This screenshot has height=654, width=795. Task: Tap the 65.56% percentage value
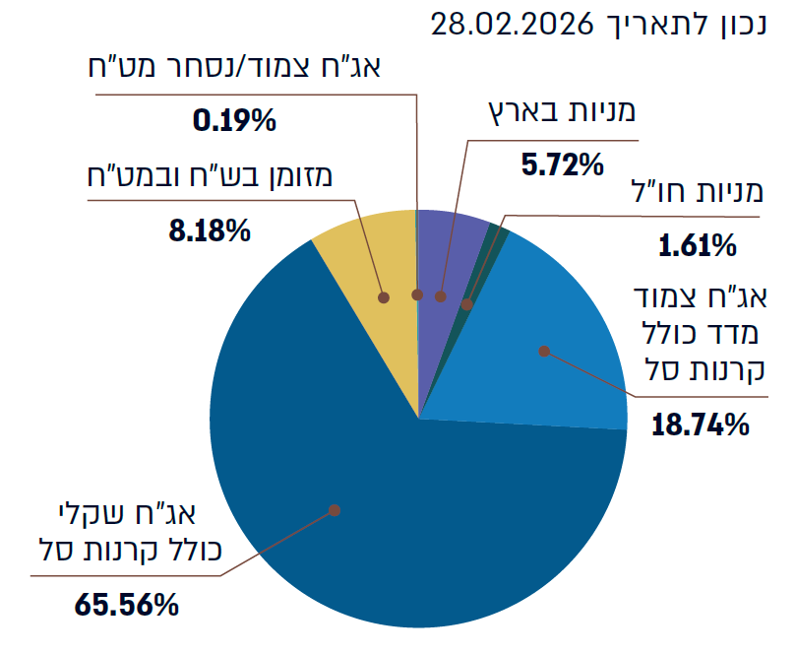click(127, 603)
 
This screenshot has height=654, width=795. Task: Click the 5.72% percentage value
click(561, 163)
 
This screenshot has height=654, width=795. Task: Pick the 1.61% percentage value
click(698, 244)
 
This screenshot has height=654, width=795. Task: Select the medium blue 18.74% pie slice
click(551, 335)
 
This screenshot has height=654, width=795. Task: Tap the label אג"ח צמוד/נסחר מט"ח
click(236, 68)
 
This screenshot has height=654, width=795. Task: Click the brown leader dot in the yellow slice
click(384, 295)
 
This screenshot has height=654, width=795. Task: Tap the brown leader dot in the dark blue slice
click(335, 510)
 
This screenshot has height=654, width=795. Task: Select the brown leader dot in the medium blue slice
click(544, 350)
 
